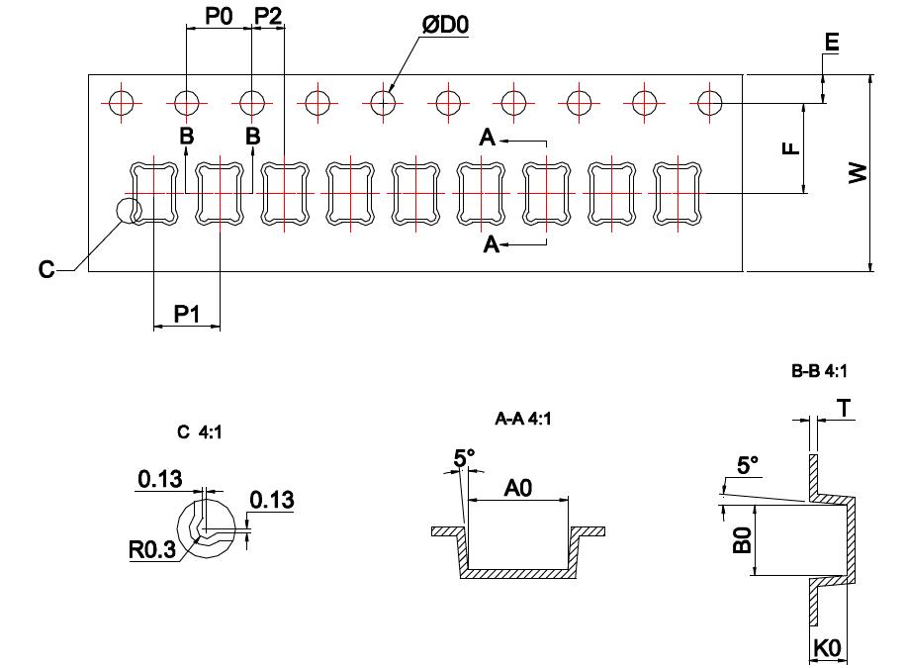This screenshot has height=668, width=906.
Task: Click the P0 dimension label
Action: pyautogui.click(x=218, y=16)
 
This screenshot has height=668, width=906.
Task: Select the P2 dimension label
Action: pyautogui.click(x=268, y=16)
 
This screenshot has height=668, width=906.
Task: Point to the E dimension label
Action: pyautogui.click(x=831, y=43)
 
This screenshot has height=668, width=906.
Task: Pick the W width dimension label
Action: pyautogui.click(x=858, y=174)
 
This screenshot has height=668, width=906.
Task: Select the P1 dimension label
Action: pyautogui.click(x=187, y=314)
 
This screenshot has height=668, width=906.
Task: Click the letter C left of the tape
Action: pyautogui.click(x=46, y=270)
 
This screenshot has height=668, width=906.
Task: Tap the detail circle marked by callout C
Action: pyautogui.click(x=129, y=210)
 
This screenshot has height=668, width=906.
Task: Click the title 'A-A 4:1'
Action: pyautogui.click(x=522, y=419)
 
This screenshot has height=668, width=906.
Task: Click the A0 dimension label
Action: pyautogui.click(x=517, y=487)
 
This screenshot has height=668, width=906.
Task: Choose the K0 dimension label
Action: pyautogui.click(x=826, y=649)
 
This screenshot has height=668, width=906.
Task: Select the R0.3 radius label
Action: pyautogui.click(x=152, y=549)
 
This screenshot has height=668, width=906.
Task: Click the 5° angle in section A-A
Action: pyautogui.click(x=464, y=458)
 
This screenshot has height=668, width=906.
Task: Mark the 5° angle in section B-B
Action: pyautogui.click(x=749, y=464)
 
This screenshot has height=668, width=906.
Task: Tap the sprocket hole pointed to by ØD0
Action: pyautogui.click(x=383, y=102)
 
